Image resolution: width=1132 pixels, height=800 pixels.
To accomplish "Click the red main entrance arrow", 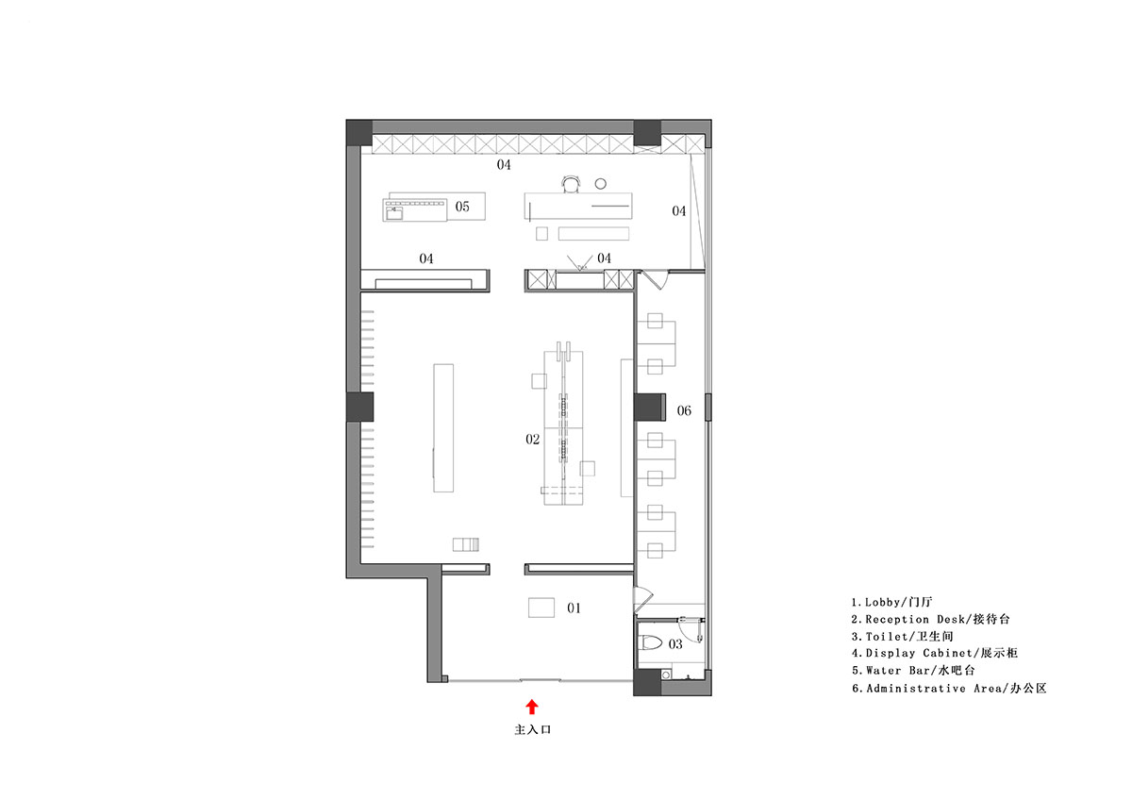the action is point(532,707).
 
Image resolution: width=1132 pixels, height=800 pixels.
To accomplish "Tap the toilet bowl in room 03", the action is point(651,643).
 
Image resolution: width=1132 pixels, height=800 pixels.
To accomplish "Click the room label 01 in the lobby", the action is point(574,608).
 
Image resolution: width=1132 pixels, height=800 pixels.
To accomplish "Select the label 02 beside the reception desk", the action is point(533,440).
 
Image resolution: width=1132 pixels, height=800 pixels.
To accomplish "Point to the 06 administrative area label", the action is point(684,410).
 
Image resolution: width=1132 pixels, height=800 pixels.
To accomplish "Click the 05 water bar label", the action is point(462,207).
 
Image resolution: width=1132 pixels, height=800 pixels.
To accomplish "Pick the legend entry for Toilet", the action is point(902,636).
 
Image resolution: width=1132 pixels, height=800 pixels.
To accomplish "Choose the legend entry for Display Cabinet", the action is point(935,653).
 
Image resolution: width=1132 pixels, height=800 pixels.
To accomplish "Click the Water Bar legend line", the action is point(913,670).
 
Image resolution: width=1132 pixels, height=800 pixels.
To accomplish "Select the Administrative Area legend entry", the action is point(949,689).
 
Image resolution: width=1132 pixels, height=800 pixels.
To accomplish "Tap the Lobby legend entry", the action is point(892,602).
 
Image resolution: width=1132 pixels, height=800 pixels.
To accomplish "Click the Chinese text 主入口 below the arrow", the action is point(533,730).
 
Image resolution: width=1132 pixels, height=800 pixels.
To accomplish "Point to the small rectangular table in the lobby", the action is point(541,608).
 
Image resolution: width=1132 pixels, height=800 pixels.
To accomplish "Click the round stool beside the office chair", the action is point(600,184).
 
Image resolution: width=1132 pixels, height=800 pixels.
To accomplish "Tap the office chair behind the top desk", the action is point(571,184).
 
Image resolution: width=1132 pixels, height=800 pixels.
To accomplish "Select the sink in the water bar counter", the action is point(393,213).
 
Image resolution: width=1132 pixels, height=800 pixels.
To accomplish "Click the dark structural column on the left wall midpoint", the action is point(359,407).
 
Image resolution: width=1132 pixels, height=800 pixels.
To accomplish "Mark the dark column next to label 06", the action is point(649,407).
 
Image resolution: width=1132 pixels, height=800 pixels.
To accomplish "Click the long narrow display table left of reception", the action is point(443,427).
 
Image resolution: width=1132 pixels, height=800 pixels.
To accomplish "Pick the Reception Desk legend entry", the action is point(930,619).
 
